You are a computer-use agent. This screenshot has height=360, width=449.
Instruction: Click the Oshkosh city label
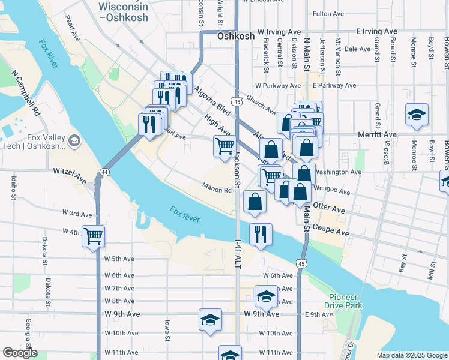[235, 37]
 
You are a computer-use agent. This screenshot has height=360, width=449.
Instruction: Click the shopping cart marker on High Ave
[224, 145]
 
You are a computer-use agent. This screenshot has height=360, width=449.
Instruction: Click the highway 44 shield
[105, 172]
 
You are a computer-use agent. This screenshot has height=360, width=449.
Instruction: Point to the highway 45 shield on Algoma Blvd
[238, 103]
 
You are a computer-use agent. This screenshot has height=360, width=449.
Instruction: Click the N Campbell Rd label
[26, 94]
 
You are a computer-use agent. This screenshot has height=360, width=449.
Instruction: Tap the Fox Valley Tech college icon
[74, 142]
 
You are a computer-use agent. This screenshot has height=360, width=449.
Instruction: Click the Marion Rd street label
[217, 190]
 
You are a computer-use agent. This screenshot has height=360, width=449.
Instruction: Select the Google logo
[20, 353]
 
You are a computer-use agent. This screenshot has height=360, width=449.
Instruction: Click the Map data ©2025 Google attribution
[412, 355]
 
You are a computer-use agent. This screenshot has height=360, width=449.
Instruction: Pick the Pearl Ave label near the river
[73, 32]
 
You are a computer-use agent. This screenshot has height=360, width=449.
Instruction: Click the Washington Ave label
[337, 172]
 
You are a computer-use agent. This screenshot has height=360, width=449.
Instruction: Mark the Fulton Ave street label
[327, 13]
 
